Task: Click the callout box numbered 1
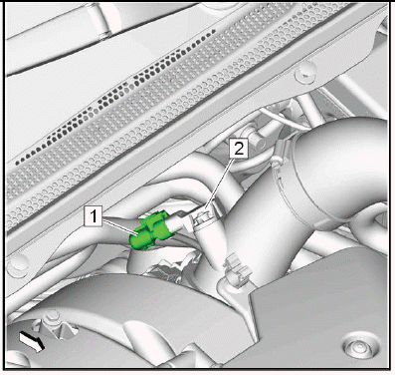tap(93, 216)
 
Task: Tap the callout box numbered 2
tap(239, 149)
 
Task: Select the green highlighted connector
tap(148, 230)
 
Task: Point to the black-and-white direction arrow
tap(32, 341)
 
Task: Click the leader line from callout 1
tap(120, 226)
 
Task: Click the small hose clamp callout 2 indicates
tap(202, 218)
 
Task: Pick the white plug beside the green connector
tap(177, 222)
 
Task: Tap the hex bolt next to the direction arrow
tap(51, 318)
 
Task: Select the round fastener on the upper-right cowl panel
tap(303, 74)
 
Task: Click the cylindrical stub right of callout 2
tap(256, 140)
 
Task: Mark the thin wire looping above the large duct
tap(286, 118)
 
